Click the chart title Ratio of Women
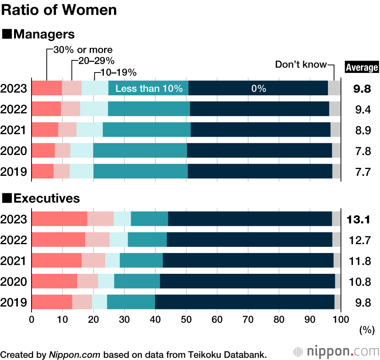coord(59,10)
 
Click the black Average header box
coord(361,67)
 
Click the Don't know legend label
coord(301,65)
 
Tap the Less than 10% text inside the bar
coord(149,88)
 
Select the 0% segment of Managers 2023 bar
coord(258,88)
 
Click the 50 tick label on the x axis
coord(186,319)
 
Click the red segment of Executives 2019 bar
coord(52,302)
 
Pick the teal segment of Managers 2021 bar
coord(147,130)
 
